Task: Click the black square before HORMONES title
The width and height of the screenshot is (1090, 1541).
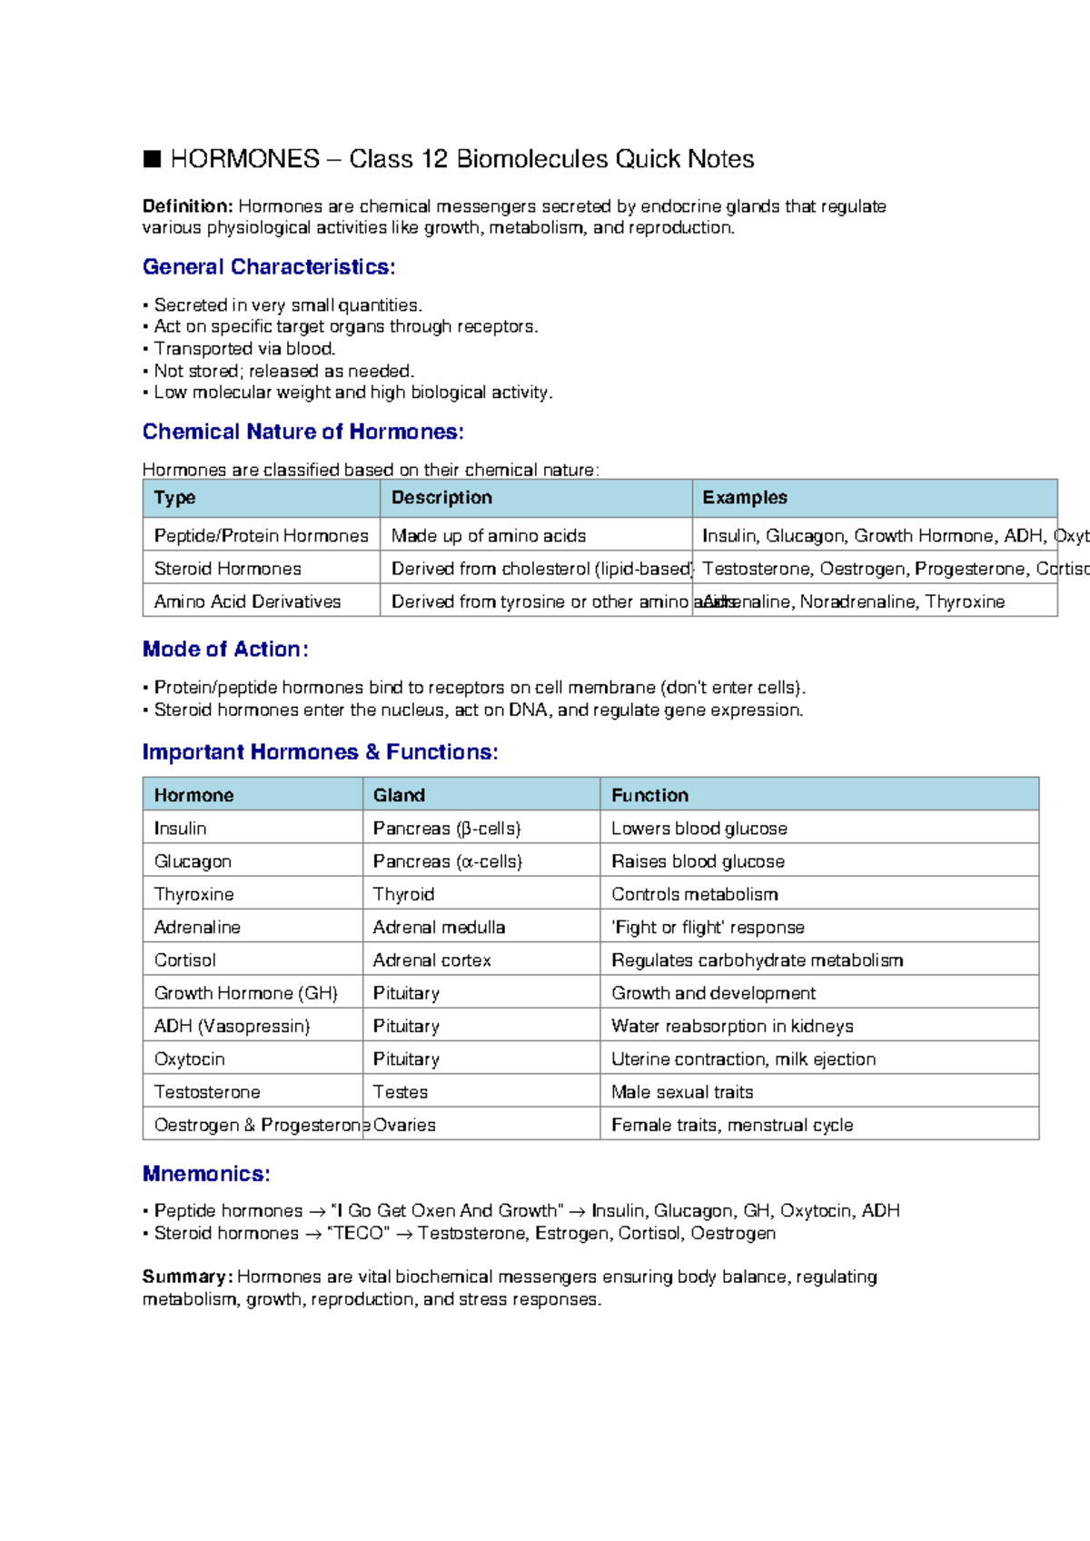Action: pyautogui.click(x=152, y=160)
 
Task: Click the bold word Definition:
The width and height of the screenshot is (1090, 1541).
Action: pyautogui.click(x=187, y=206)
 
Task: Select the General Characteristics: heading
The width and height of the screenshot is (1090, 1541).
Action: pyautogui.click(x=268, y=267)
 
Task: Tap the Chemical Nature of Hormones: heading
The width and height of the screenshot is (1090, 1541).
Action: pyautogui.click(x=302, y=432)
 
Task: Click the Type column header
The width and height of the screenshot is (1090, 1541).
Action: pyautogui.click(x=174, y=498)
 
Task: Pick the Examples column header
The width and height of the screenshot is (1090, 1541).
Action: pyautogui.click(x=744, y=498)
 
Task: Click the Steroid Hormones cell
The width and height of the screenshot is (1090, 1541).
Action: pyautogui.click(x=227, y=569)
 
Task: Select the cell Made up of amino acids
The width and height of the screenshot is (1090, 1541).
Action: pyautogui.click(x=488, y=536)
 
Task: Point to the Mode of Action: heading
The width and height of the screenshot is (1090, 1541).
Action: pyautogui.click(x=224, y=650)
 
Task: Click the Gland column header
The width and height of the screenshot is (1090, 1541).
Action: pyautogui.click(x=399, y=795)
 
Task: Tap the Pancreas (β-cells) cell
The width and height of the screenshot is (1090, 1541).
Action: pyautogui.click(x=446, y=829)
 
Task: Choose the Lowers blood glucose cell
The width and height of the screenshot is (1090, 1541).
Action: pyautogui.click(x=699, y=829)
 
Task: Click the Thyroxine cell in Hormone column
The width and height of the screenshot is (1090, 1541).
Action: pyautogui.click(x=193, y=894)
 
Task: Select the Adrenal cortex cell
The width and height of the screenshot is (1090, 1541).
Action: pyautogui.click(x=431, y=960)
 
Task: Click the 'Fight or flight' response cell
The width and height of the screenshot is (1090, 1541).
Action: pyautogui.click(x=708, y=928)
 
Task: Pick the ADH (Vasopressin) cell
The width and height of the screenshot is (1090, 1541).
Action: pyautogui.click(x=232, y=1027)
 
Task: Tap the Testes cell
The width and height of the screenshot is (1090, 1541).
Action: pyautogui.click(x=400, y=1092)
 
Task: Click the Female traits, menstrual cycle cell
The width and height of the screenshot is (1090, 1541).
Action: pyautogui.click(x=731, y=1125)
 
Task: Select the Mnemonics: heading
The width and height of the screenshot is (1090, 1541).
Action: pyautogui.click(x=206, y=1174)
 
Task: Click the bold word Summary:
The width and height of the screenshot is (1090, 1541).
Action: pyautogui.click(x=187, y=1277)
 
